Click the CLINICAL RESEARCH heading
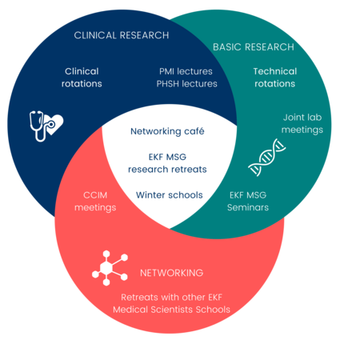click(x=122, y=35)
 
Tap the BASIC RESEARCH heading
click(x=254, y=47)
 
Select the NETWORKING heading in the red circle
click(x=171, y=273)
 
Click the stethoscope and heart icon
click(x=46, y=126)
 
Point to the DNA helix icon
click(x=266, y=158)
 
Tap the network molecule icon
click(x=110, y=268)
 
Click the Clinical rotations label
click(x=82, y=78)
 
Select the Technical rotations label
click(x=275, y=78)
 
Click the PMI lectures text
click(x=186, y=71)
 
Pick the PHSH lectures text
click(x=186, y=84)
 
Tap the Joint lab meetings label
click(x=302, y=123)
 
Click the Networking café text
click(x=167, y=131)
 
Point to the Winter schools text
click(x=170, y=195)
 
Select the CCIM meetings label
click(x=95, y=202)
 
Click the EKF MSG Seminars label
click(x=248, y=201)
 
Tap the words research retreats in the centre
click(x=167, y=170)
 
